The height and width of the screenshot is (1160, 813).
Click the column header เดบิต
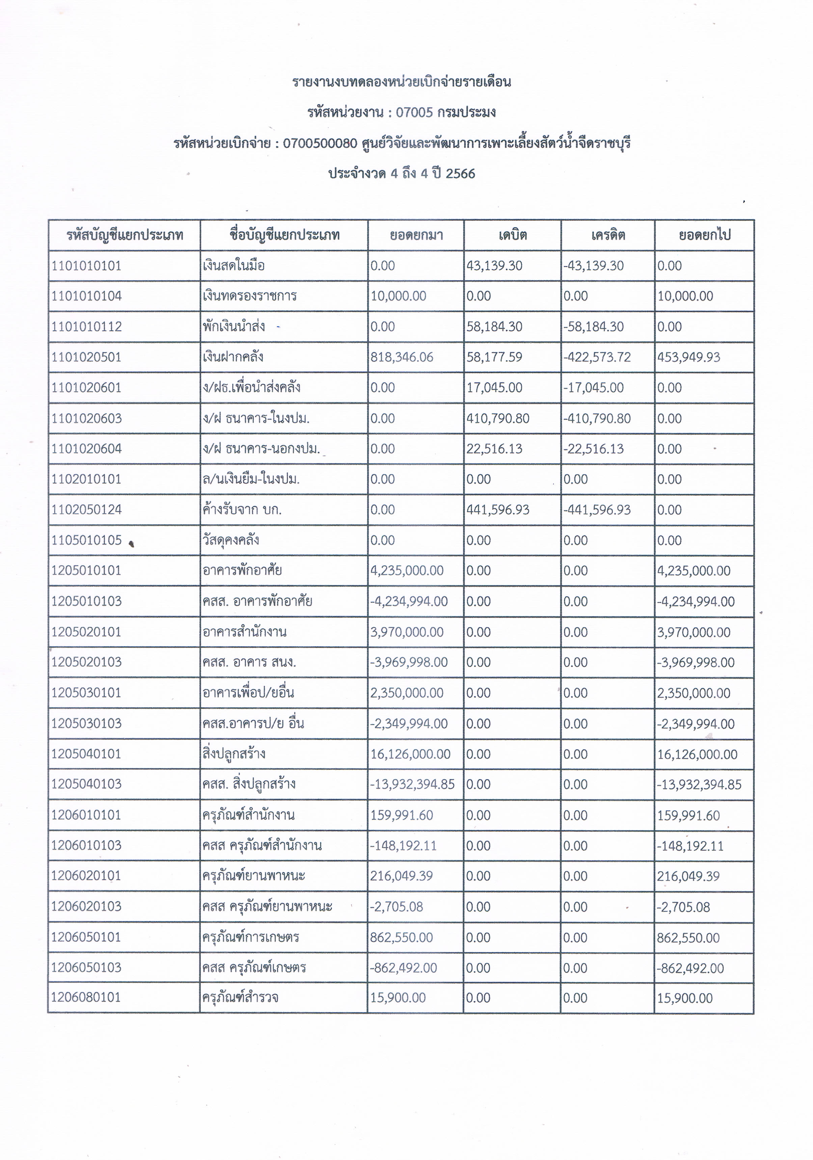click(x=512, y=235)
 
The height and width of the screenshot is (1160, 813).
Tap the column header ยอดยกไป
click(x=704, y=235)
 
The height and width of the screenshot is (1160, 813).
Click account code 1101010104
click(x=86, y=296)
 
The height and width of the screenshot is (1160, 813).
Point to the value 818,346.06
click(x=402, y=357)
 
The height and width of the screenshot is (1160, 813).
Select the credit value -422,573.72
click(x=597, y=357)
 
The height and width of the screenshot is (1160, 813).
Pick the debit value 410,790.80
click(x=497, y=418)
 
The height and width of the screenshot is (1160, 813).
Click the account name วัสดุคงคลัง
click(x=231, y=540)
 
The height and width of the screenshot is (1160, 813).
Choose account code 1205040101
click(x=86, y=754)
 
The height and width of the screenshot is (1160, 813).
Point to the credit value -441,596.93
click(x=597, y=510)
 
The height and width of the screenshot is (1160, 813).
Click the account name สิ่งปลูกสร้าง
click(x=234, y=754)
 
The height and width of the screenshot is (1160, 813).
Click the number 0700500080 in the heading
click(x=320, y=143)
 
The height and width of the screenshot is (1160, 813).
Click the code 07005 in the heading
click(x=414, y=112)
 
